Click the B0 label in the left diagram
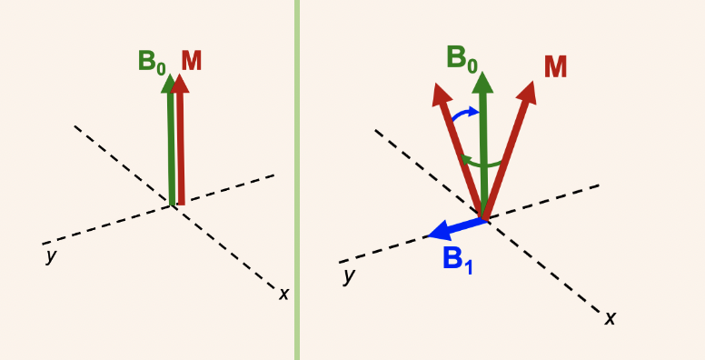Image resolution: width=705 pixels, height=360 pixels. click(x=152, y=63)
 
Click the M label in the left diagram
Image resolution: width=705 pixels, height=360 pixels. click(x=191, y=61)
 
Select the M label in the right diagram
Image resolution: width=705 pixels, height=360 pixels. click(x=556, y=67)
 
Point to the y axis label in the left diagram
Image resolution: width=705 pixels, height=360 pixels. click(x=51, y=256)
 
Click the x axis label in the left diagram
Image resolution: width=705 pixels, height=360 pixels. click(x=283, y=294)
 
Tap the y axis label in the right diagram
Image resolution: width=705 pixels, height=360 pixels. click(x=348, y=275)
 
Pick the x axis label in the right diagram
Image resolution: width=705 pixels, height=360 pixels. click(x=611, y=317)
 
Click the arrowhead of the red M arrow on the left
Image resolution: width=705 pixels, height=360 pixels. click(x=180, y=83)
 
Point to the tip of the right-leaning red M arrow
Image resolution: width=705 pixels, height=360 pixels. click(x=529, y=89)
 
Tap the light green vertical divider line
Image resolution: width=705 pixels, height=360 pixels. click(x=296, y=180)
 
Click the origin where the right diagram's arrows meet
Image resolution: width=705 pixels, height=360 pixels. click(x=485, y=219)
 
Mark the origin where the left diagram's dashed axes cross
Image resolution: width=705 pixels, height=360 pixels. click(x=174, y=205)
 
